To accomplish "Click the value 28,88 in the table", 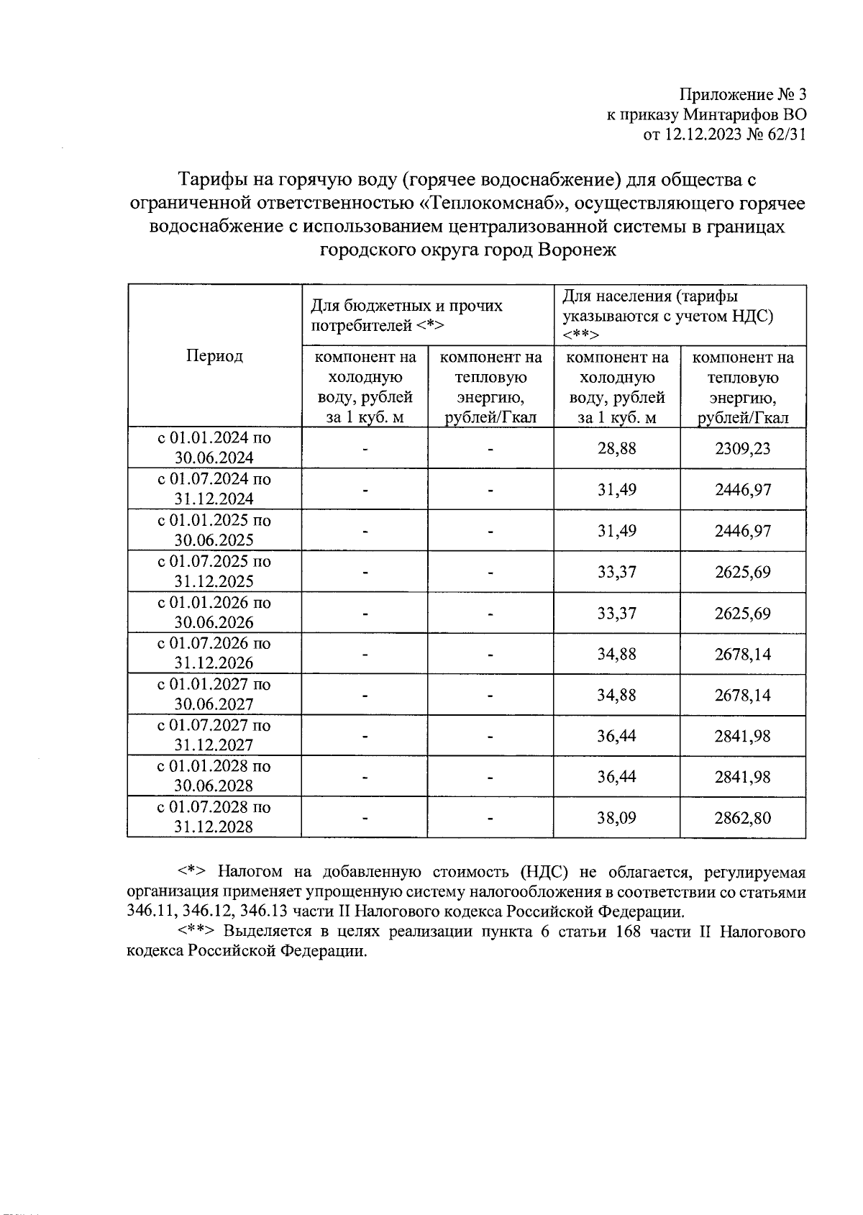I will (616, 448).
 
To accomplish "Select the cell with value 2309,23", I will (742, 448).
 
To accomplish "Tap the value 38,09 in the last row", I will (616, 818).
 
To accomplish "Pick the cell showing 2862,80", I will (742, 818).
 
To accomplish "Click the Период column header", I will (214, 356).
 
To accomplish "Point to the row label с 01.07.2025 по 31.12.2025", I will (214, 571).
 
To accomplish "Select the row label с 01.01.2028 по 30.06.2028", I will (214, 776).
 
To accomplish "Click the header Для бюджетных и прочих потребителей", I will (406, 315).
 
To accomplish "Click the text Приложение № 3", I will (743, 95).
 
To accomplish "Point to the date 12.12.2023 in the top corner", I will (703, 134).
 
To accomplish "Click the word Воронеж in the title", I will (578, 250).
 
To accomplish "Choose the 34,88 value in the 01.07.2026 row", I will (616, 654).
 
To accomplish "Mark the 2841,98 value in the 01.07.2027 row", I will (742, 736).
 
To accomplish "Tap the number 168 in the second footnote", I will (618, 932).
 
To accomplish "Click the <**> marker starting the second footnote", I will (196, 932).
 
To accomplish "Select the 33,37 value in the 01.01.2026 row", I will (616, 613).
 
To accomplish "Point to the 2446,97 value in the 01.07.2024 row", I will (742, 490).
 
